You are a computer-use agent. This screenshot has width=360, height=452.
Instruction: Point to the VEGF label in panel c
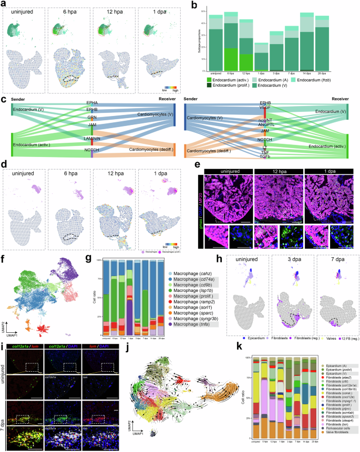click(266, 106)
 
